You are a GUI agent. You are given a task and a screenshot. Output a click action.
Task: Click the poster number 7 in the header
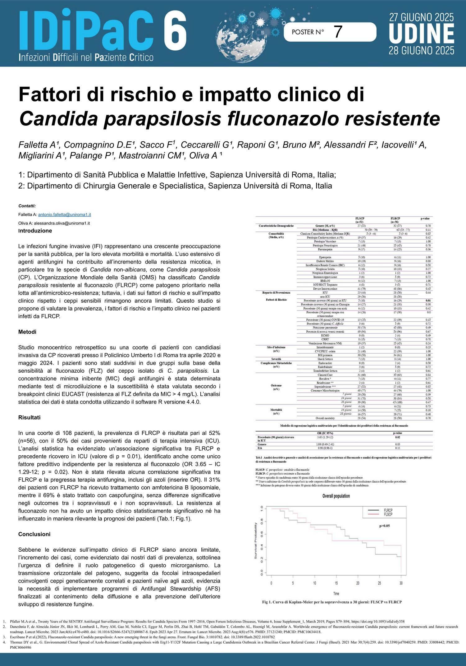(x=338, y=32)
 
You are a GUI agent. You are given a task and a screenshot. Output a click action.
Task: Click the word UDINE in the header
(x=421, y=34)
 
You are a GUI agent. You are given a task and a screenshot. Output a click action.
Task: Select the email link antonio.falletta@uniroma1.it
(x=64, y=214)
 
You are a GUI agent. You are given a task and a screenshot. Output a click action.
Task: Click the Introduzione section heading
(x=35, y=231)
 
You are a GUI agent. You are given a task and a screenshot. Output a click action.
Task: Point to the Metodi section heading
(x=27, y=332)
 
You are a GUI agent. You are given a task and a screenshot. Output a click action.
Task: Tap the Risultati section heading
(x=30, y=417)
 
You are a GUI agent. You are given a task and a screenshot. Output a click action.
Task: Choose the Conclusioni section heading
(x=34, y=534)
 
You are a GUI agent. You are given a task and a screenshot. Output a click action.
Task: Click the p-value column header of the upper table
(x=425, y=218)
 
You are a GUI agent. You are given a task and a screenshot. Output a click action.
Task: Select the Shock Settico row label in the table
(x=325, y=359)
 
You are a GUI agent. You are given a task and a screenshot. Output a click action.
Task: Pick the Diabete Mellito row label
(x=325, y=261)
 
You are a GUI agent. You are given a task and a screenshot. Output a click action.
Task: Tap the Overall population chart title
(x=336, y=496)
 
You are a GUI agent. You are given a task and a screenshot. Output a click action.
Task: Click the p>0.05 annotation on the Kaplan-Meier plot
(x=384, y=526)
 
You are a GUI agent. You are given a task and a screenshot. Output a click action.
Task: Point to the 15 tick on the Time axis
(x=336, y=583)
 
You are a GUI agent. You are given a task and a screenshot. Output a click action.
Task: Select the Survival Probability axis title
(x=256, y=540)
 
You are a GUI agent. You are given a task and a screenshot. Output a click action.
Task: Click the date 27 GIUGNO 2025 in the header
(x=421, y=17)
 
